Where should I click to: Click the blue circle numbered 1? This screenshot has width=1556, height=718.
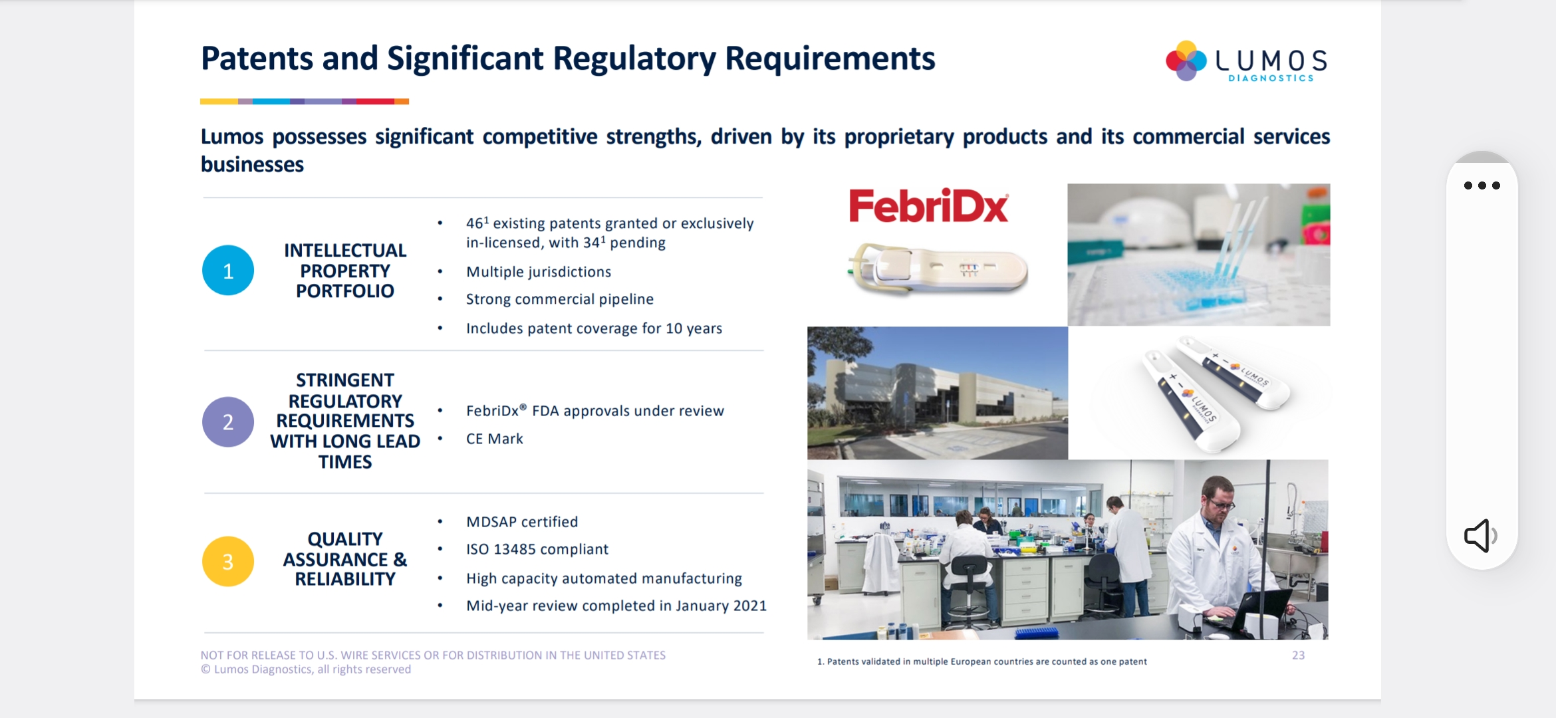[x=228, y=271]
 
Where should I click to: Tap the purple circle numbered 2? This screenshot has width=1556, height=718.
[x=228, y=422]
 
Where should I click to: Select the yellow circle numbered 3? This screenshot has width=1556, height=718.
[x=228, y=562]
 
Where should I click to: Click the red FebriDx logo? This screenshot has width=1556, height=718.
[x=928, y=206]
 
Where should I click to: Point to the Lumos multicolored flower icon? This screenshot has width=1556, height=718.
[x=1186, y=60]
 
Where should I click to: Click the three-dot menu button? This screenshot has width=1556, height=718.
[x=1482, y=185]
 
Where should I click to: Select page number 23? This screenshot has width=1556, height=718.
[x=1298, y=656]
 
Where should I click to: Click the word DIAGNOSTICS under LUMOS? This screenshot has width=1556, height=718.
[x=1271, y=78]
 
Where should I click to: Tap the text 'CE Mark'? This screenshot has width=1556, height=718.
[x=495, y=439]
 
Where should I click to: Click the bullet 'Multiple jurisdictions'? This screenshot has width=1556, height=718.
[x=539, y=272]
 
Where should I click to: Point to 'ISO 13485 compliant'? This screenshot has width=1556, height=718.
[x=537, y=549]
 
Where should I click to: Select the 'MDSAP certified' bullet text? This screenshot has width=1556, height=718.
[x=522, y=522]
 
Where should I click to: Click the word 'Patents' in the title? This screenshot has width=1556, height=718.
[x=257, y=59]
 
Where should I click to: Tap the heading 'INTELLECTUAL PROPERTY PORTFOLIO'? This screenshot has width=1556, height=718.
[x=345, y=271]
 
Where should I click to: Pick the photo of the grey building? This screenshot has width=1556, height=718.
[x=938, y=393]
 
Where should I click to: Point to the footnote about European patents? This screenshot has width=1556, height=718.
[x=981, y=661]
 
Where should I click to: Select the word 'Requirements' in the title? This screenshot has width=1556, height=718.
[x=830, y=59]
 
